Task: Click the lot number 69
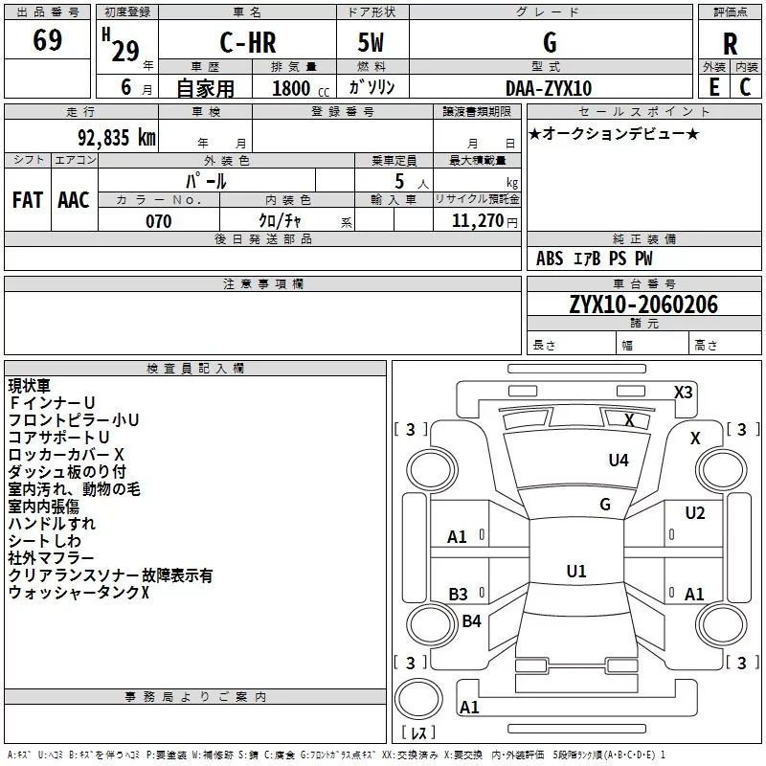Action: point(47,40)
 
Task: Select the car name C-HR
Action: point(248,42)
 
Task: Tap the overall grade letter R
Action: point(730,44)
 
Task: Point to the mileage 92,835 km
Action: point(117,138)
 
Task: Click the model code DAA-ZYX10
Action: point(549,88)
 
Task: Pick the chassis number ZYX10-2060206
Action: point(643,304)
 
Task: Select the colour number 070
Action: point(159,221)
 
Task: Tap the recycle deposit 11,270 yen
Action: point(484,221)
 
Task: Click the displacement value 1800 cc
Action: point(301,88)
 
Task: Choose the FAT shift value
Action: point(28,200)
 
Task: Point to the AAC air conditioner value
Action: point(74,200)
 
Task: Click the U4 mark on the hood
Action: point(619,460)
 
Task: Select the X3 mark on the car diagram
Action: point(683,393)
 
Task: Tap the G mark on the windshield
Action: point(605,504)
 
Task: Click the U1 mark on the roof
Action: point(576,571)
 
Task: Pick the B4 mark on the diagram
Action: point(471,620)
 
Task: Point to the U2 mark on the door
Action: point(695,513)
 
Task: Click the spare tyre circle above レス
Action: point(418,699)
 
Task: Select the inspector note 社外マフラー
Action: point(51,558)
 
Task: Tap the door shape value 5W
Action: point(371,42)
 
